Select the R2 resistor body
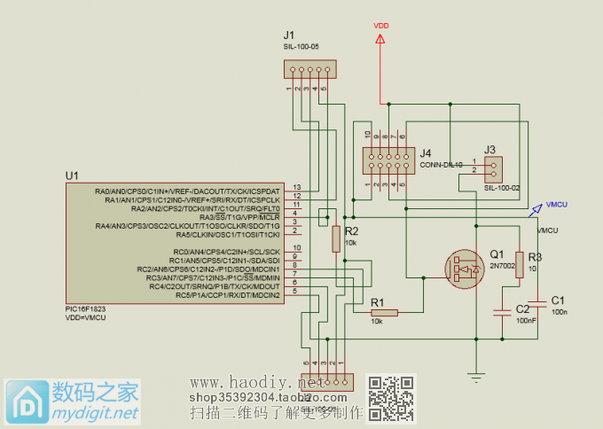[x=335, y=238]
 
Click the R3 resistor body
[x=520, y=267]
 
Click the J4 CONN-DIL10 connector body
[x=388, y=160]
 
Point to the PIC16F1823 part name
[x=86, y=310]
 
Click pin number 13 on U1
[x=297, y=186]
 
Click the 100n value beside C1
[x=559, y=313]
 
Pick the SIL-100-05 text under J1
[x=301, y=44]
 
